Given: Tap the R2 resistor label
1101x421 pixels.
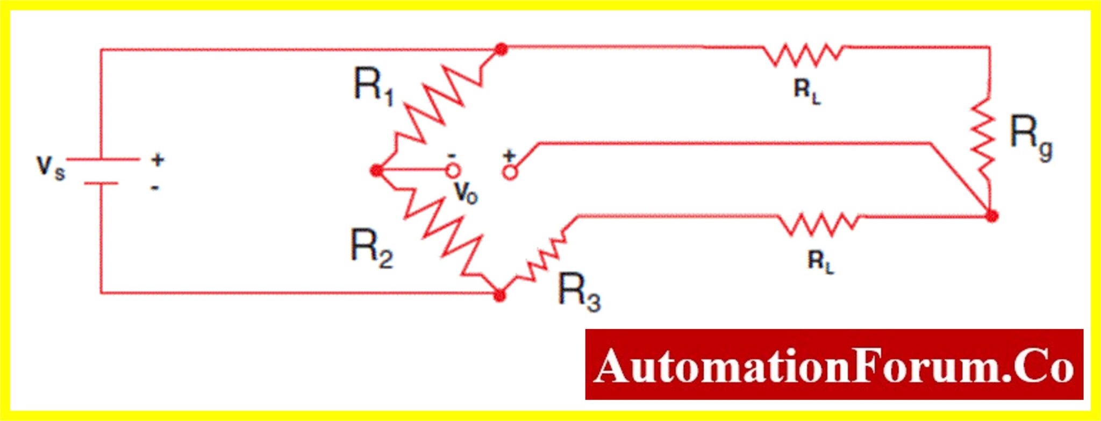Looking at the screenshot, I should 371,248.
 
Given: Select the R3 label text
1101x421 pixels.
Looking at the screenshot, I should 580,292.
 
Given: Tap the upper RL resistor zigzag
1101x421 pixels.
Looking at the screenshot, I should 803,54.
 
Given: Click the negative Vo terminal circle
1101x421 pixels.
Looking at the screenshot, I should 453,171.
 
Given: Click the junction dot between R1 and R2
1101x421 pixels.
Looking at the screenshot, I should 377,171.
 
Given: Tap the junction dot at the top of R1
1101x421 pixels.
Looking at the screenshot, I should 501,49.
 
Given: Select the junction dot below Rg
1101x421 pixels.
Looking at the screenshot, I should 992,216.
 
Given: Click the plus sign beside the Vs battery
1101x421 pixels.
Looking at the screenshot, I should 158,160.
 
